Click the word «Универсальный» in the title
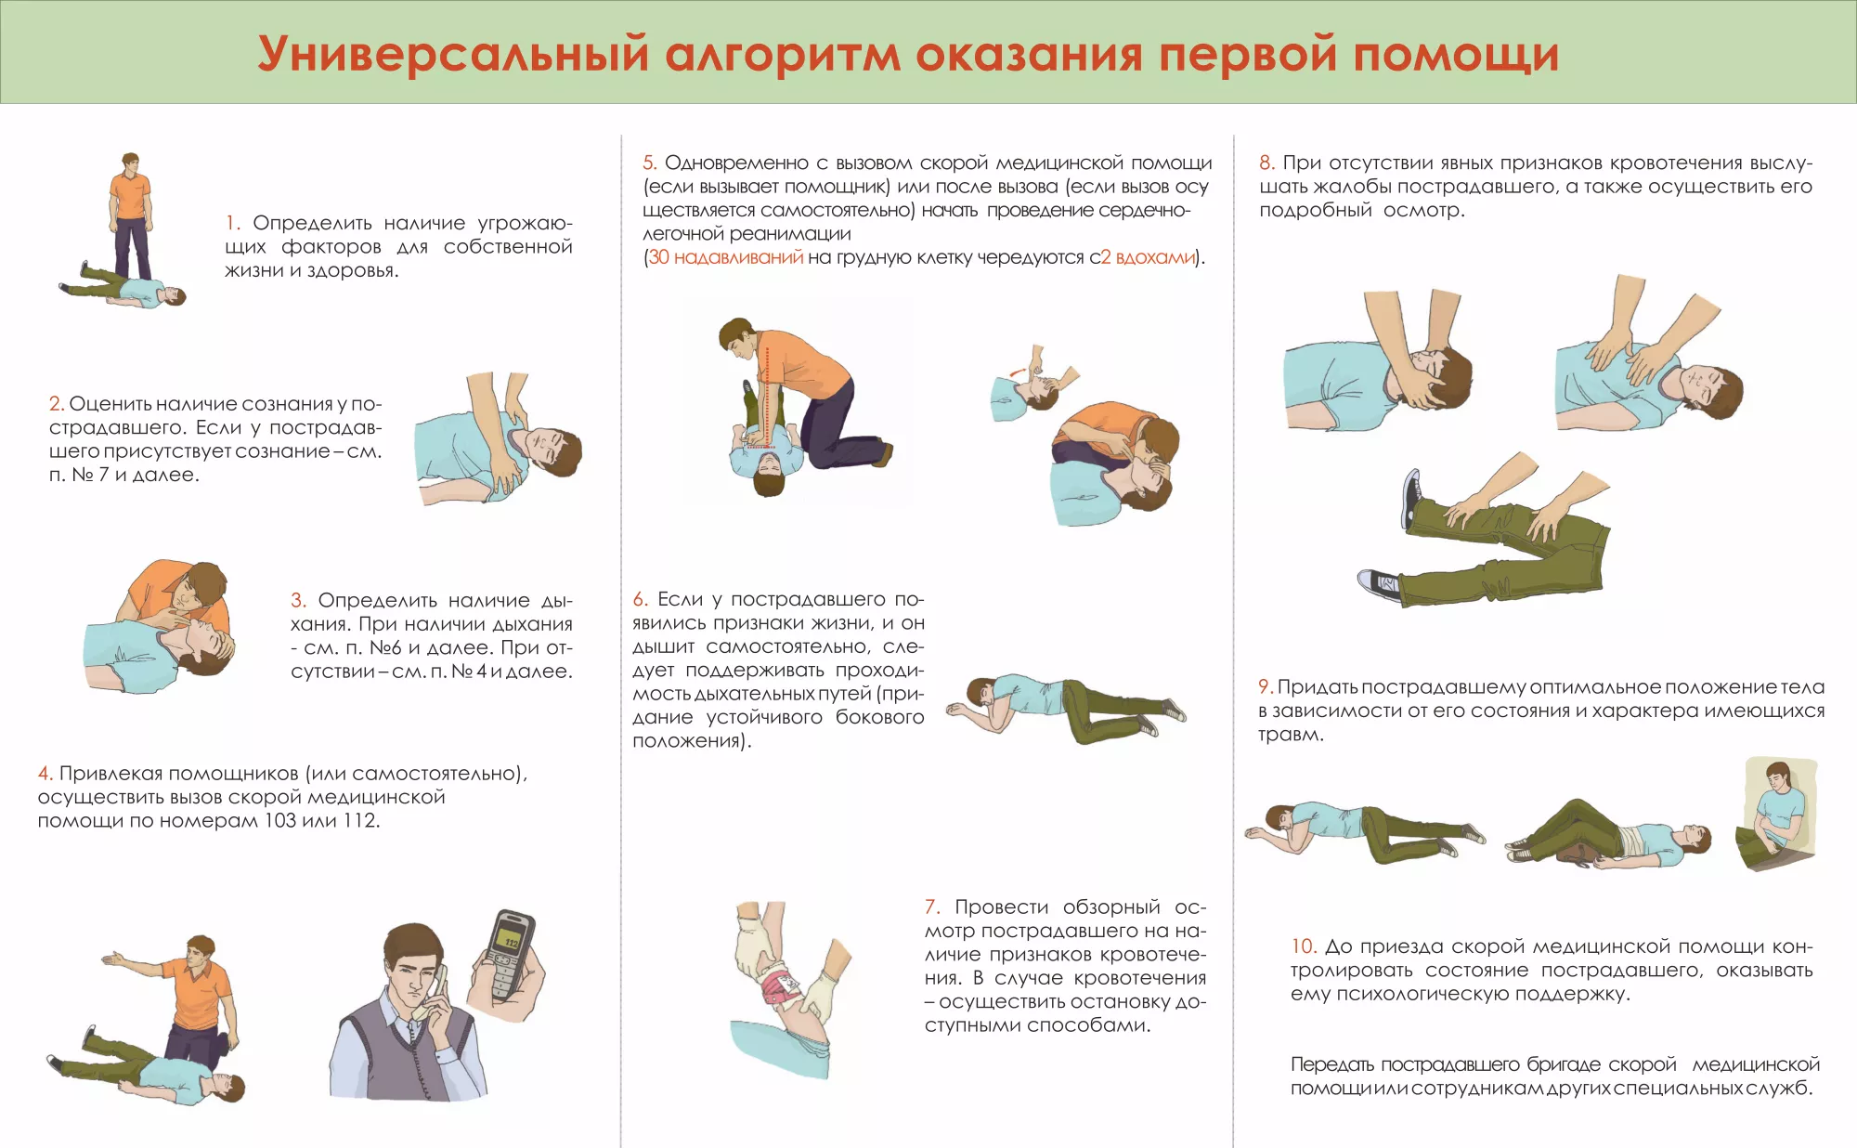point(453,54)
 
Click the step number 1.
point(233,223)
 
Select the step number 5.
point(649,163)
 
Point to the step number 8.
point(1266,163)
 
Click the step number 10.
point(1304,946)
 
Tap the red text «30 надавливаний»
point(725,257)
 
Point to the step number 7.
point(932,907)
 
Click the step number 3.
point(298,600)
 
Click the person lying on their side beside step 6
point(1066,710)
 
